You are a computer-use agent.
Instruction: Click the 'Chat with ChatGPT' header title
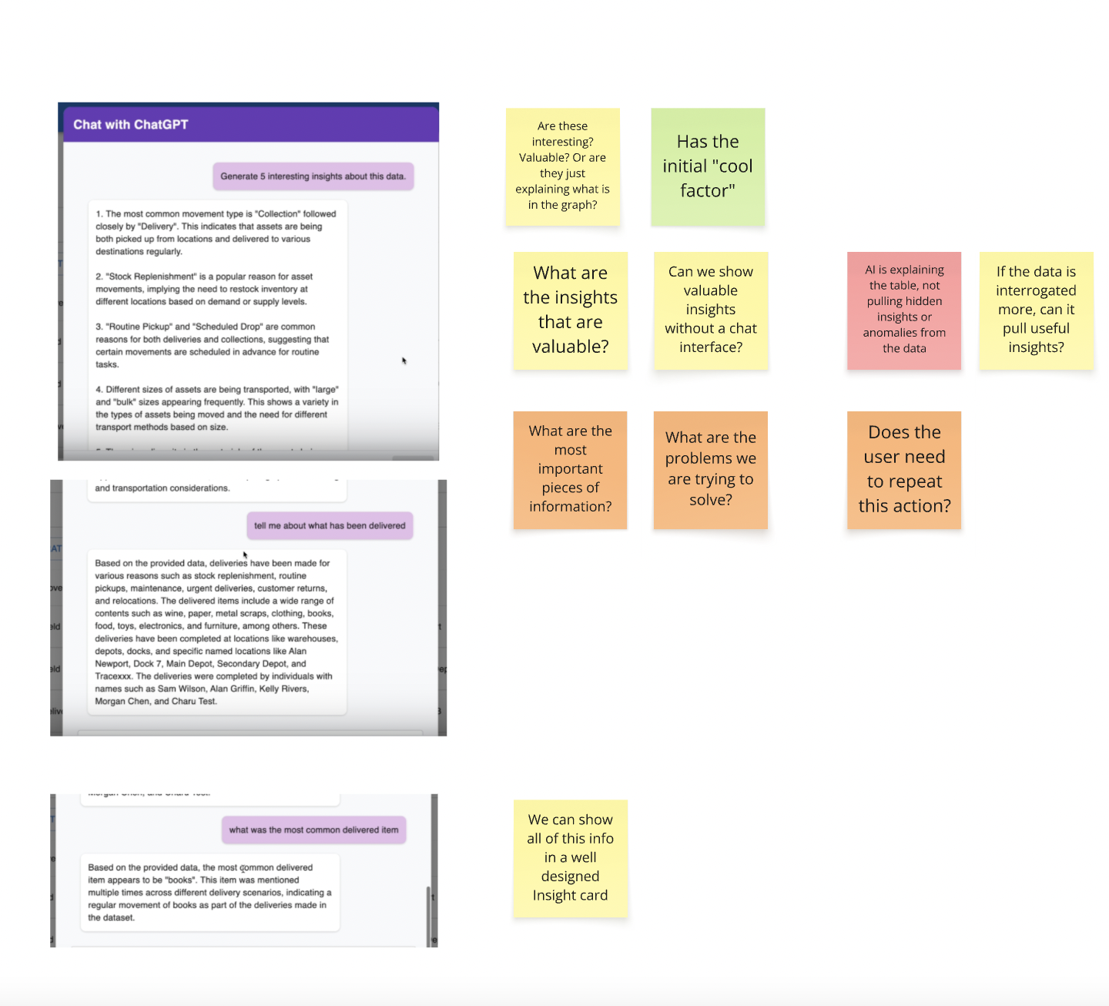coord(130,125)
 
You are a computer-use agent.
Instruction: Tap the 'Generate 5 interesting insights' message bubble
coord(313,176)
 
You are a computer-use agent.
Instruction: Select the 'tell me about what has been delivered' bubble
coord(330,526)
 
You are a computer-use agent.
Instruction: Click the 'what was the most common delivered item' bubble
coord(313,830)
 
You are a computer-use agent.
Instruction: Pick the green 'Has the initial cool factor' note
coord(708,166)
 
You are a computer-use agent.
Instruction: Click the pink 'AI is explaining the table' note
coord(904,310)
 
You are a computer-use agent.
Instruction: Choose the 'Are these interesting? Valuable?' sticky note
coord(563,166)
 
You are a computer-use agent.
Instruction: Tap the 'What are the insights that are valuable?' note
coord(571,310)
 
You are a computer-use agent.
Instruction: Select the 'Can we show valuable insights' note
coord(711,310)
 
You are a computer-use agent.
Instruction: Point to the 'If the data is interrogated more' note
coord(1036,310)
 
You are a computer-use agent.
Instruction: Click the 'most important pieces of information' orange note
coord(571,469)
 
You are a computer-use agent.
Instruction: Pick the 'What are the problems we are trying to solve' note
coord(711,469)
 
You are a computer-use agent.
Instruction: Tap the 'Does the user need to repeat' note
coord(904,469)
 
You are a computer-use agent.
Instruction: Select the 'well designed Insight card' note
coord(571,858)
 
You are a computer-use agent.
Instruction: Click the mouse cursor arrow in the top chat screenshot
coord(404,360)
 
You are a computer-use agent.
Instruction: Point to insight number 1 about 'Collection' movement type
coord(216,233)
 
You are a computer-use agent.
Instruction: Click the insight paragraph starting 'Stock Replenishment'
coord(204,289)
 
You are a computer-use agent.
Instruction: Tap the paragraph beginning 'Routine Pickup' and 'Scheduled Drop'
coord(212,345)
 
